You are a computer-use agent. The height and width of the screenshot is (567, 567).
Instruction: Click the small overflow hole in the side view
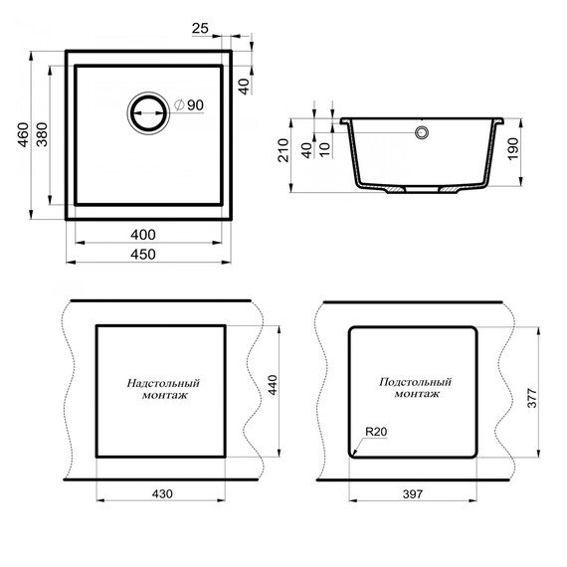[x=424, y=131]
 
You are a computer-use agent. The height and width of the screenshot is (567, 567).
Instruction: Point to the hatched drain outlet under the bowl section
[x=396, y=189]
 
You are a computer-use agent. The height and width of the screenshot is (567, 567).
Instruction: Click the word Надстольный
[x=164, y=382]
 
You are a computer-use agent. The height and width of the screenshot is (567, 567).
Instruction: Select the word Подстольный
[x=416, y=382]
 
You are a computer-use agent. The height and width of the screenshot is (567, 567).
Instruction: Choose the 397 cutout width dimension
[x=413, y=493]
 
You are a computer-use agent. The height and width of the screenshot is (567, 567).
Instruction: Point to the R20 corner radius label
[x=375, y=432]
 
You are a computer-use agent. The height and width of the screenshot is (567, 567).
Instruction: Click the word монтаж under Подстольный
[x=416, y=395]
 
